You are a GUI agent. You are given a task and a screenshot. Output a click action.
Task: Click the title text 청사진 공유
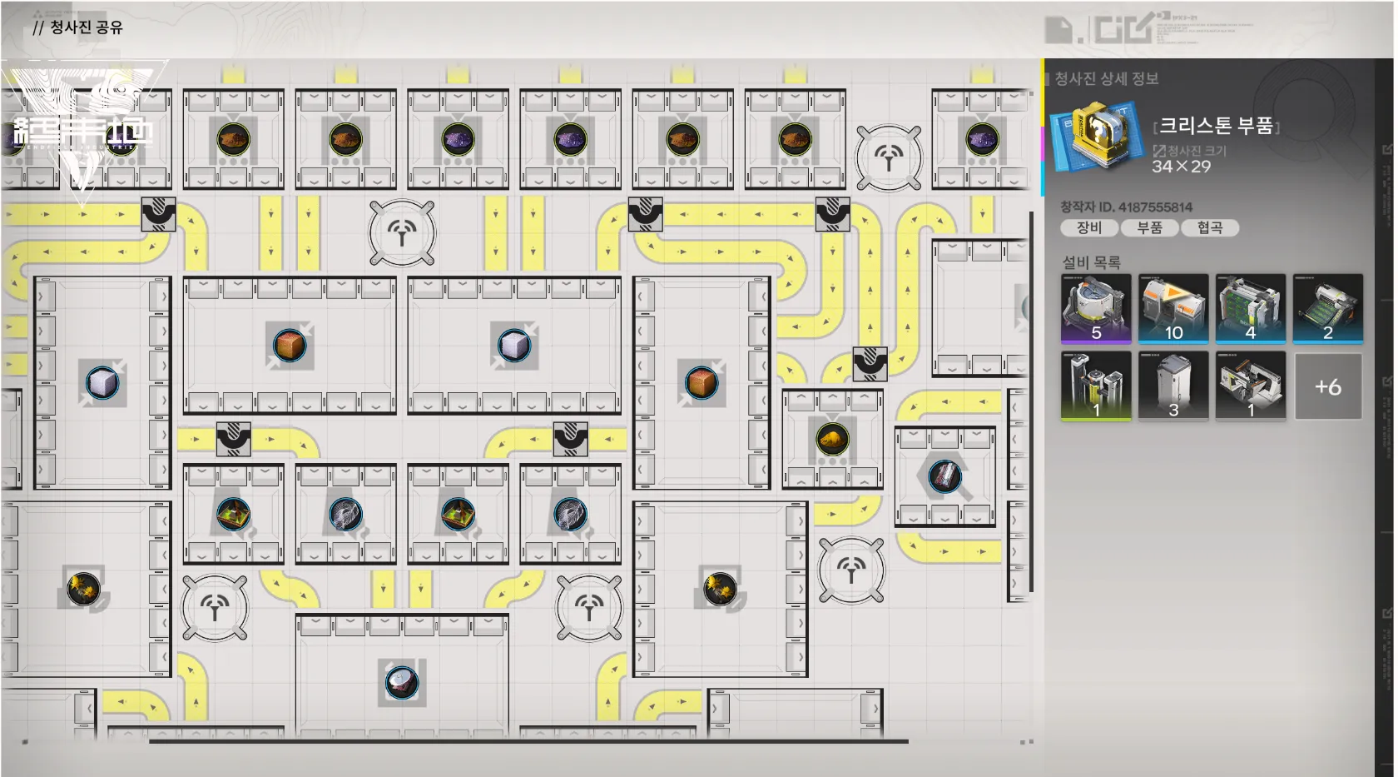[86, 27]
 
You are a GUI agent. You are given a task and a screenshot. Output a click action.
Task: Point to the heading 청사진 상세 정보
[1107, 79]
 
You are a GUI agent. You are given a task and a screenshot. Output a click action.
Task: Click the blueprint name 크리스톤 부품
[1216, 126]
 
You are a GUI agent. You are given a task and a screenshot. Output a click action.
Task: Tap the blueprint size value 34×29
[1181, 167]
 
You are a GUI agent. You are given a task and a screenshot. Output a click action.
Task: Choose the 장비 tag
[1088, 227]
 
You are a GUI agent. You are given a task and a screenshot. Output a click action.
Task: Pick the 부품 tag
[1149, 227]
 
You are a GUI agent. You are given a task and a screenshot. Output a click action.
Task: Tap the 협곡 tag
[1210, 227]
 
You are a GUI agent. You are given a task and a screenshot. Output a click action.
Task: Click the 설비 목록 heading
[1091, 262]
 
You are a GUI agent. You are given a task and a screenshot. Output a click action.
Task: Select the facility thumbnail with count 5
[1096, 308]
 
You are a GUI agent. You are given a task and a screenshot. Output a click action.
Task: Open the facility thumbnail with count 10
[1173, 308]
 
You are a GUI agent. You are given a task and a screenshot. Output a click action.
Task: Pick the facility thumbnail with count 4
[1251, 308]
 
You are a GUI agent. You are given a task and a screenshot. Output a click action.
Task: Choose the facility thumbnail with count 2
[1328, 308]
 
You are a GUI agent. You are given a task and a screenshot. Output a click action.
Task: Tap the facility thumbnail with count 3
[1173, 386]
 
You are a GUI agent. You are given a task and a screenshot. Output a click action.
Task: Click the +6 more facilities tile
[1328, 386]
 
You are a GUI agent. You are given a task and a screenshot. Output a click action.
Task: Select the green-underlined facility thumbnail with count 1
[1096, 386]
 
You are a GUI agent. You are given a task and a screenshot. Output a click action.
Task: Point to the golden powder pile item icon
[832, 438]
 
